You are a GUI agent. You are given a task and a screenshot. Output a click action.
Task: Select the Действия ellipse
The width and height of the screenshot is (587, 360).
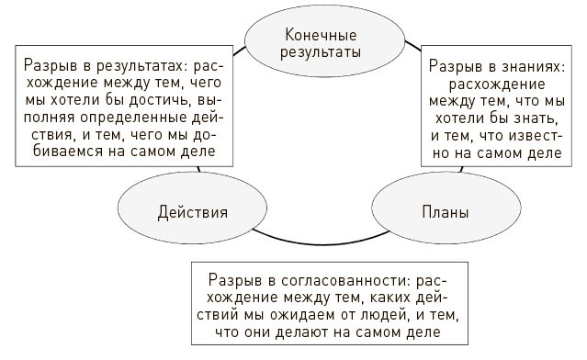point(192,212)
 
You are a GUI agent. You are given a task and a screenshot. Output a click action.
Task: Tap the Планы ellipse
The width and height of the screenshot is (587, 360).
point(445,212)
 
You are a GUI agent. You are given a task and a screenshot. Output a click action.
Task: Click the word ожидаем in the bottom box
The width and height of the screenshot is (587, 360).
point(291,314)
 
